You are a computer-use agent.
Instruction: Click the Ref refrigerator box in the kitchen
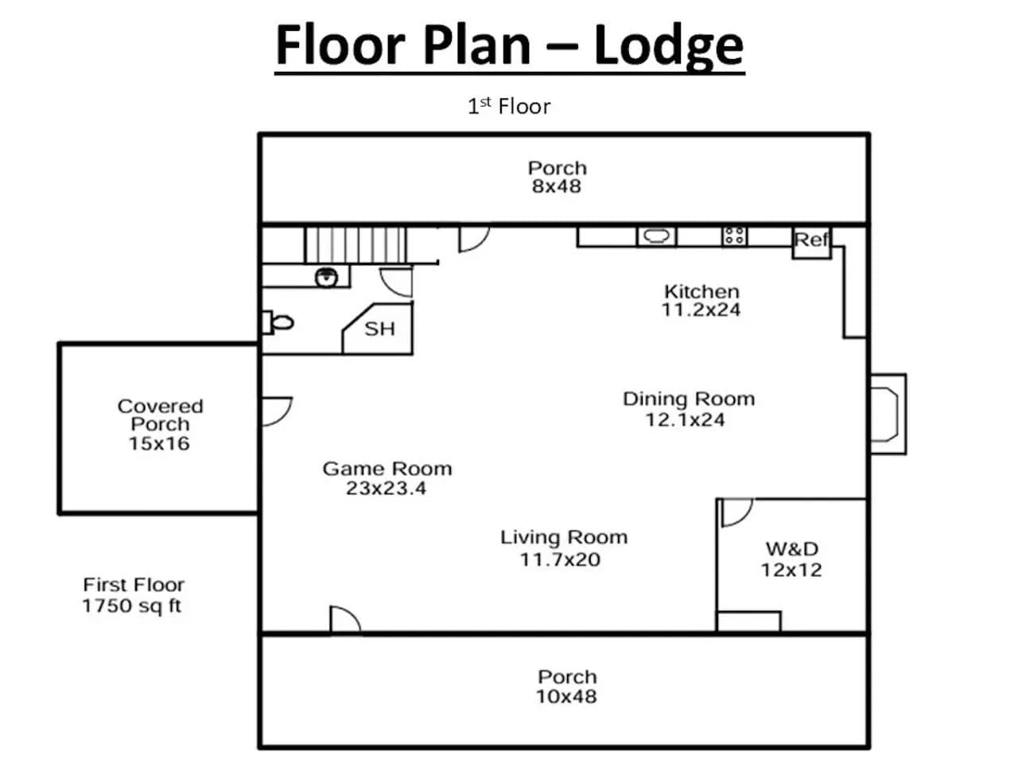pos(810,242)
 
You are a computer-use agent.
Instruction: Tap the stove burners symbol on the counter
pos(734,236)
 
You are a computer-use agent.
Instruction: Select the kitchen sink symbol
pos(656,236)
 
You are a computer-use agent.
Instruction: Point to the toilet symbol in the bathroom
pos(278,322)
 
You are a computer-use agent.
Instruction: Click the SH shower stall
pos(378,329)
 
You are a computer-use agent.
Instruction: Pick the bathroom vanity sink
pos(327,278)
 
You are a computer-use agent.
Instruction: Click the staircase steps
pos(356,245)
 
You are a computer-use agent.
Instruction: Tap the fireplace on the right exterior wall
pos(888,414)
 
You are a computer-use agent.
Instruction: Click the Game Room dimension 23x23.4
pos(386,488)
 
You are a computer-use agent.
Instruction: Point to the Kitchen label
pos(701,291)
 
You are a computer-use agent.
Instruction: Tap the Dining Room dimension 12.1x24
pos(685,420)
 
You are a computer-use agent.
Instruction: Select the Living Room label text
pos(564,537)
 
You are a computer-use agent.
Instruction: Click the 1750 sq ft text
pos(132,606)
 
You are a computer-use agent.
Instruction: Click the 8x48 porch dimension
pos(557,186)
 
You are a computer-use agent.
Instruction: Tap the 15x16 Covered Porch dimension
pos(159,443)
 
